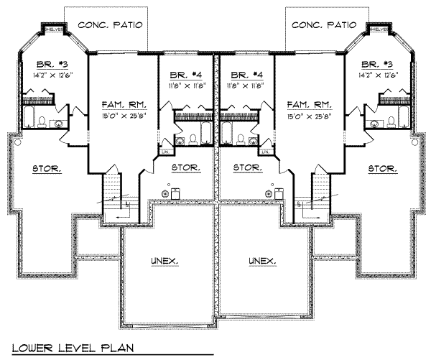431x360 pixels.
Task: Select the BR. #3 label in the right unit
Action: (378, 63)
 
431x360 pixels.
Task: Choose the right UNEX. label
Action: (263, 260)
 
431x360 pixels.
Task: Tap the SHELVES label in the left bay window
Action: (52, 29)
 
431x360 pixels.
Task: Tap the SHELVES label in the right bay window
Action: (380, 29)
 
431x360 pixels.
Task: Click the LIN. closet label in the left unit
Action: (165, 152)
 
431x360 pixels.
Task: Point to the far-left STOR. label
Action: (47, 169)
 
